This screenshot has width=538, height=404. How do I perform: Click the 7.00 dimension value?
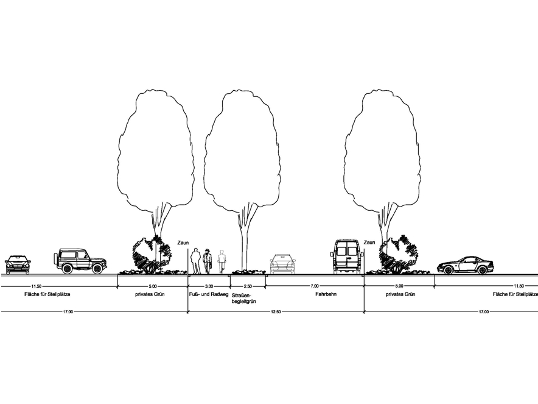(314, 286)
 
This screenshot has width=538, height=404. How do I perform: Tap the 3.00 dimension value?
(209, 286)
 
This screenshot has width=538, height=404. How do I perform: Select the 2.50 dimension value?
(246, 286)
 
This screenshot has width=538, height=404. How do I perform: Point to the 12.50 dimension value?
(276, 311)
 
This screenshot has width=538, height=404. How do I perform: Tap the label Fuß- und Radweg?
(208, 294)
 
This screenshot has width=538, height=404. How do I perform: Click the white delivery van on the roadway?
(347, 257)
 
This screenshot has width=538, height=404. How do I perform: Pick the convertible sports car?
(466, 265)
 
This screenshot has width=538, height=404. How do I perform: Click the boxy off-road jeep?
(81, 261)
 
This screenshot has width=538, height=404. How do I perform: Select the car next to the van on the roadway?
(282, 263)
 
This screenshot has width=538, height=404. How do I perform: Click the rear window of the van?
(347, 249)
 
